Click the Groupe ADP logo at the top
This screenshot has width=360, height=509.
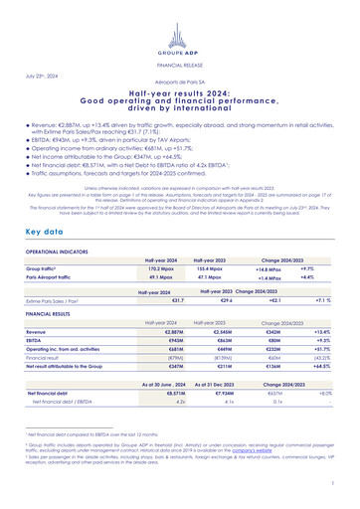[x=180, y=21]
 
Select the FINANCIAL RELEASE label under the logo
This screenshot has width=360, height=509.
[x=180, y=60]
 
